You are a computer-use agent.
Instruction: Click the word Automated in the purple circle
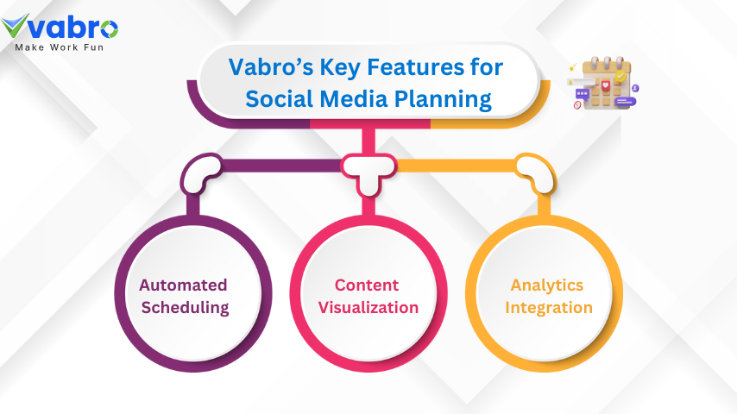184,285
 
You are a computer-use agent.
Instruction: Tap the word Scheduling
184,308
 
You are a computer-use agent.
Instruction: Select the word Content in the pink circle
368,285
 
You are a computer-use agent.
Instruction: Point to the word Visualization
368,308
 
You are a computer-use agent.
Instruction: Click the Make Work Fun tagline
59,47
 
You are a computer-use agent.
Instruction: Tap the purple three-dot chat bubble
583,93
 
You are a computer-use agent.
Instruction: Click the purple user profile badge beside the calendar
635,88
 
